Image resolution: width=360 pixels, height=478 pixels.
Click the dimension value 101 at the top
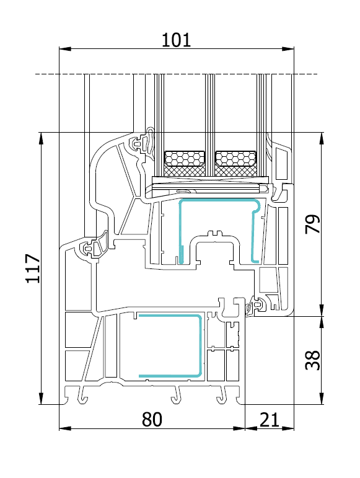tap(176, 40)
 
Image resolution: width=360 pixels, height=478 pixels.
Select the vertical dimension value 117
tap(33, 268)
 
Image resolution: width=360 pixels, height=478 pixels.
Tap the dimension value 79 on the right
tap(313, 224)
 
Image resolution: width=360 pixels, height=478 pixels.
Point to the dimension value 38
tap(313, 360)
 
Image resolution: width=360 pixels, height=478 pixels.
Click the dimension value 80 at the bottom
tap(152, 420)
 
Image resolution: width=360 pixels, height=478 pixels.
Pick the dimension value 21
tap(270, 420)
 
